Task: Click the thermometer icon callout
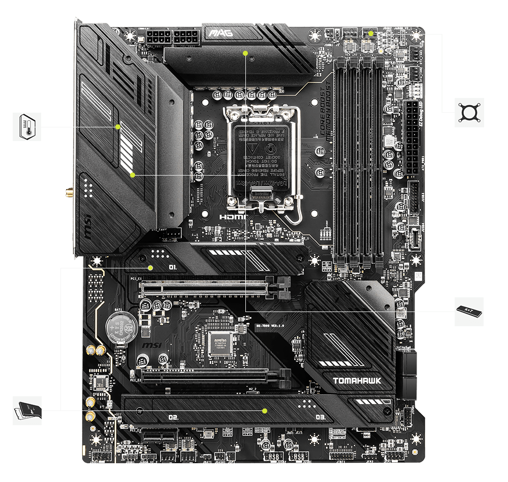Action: [x=27, y=127]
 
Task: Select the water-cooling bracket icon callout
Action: [x=469, y=113]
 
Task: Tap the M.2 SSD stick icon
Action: [x=468, y=311]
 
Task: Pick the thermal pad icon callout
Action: [x=27, y=410]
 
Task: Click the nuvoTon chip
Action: [x=224, y=343]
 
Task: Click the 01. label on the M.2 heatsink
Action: [x=173, y=267]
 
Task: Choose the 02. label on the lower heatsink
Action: [x=173, y=418]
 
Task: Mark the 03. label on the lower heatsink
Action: [x=320, y=418]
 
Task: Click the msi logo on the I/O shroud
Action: [x=86, y=224]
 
